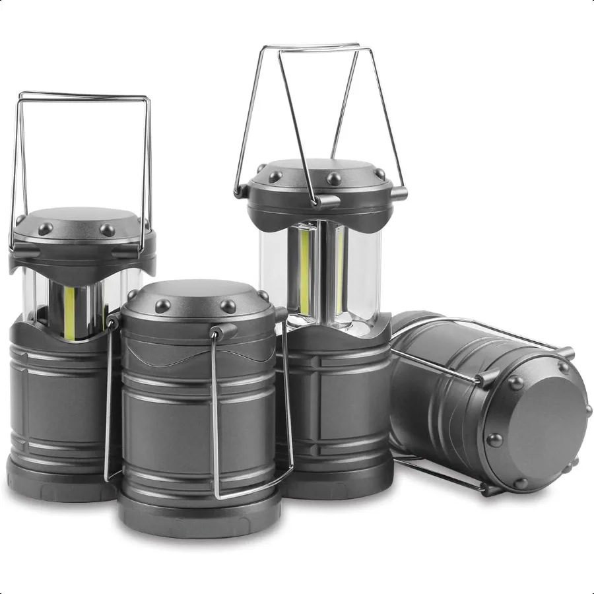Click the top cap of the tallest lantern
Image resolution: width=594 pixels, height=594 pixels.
[x=323, y=172]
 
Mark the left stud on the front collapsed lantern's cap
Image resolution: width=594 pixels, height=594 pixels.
[x=162, y=306]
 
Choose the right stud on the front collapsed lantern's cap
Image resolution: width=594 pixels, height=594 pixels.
[x=228, y=306]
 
